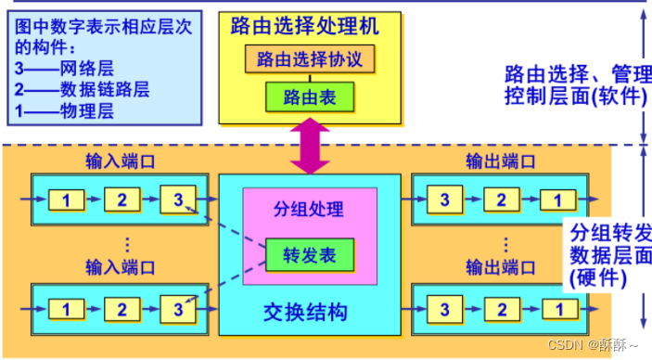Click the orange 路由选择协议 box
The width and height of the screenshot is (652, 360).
tap(310, 59)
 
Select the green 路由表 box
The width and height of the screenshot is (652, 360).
tap(310, 96)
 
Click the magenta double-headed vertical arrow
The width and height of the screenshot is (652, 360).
tap(310, 148)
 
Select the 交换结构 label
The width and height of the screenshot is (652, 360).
tap(309, 313)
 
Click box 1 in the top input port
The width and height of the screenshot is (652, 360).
tap(66, 199)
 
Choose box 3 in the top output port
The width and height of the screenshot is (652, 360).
tap(444, 199)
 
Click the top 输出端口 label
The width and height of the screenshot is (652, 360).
tap(501, 161)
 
